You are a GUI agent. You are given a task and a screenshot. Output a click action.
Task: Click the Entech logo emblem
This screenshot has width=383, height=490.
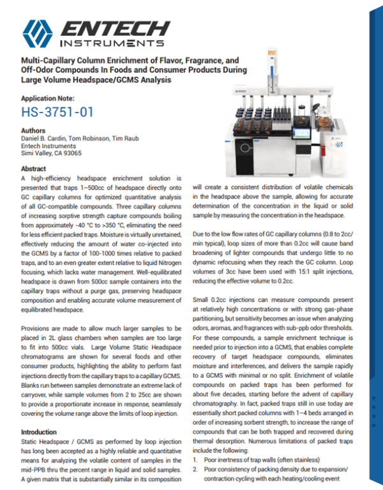pyautogui.click(x=37, y=32)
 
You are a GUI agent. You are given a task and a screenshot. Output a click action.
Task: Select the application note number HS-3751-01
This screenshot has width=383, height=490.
pyautogui.click(x=57, y=112)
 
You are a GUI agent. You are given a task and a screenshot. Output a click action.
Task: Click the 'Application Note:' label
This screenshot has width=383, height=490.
pyautogui.click(x=48, y=98)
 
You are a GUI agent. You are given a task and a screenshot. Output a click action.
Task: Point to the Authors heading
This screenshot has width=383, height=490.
pyautogui.click(x=33, y=130)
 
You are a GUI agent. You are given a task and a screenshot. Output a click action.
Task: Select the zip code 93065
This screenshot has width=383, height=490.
pyautogui.click(x=73, y=153)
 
